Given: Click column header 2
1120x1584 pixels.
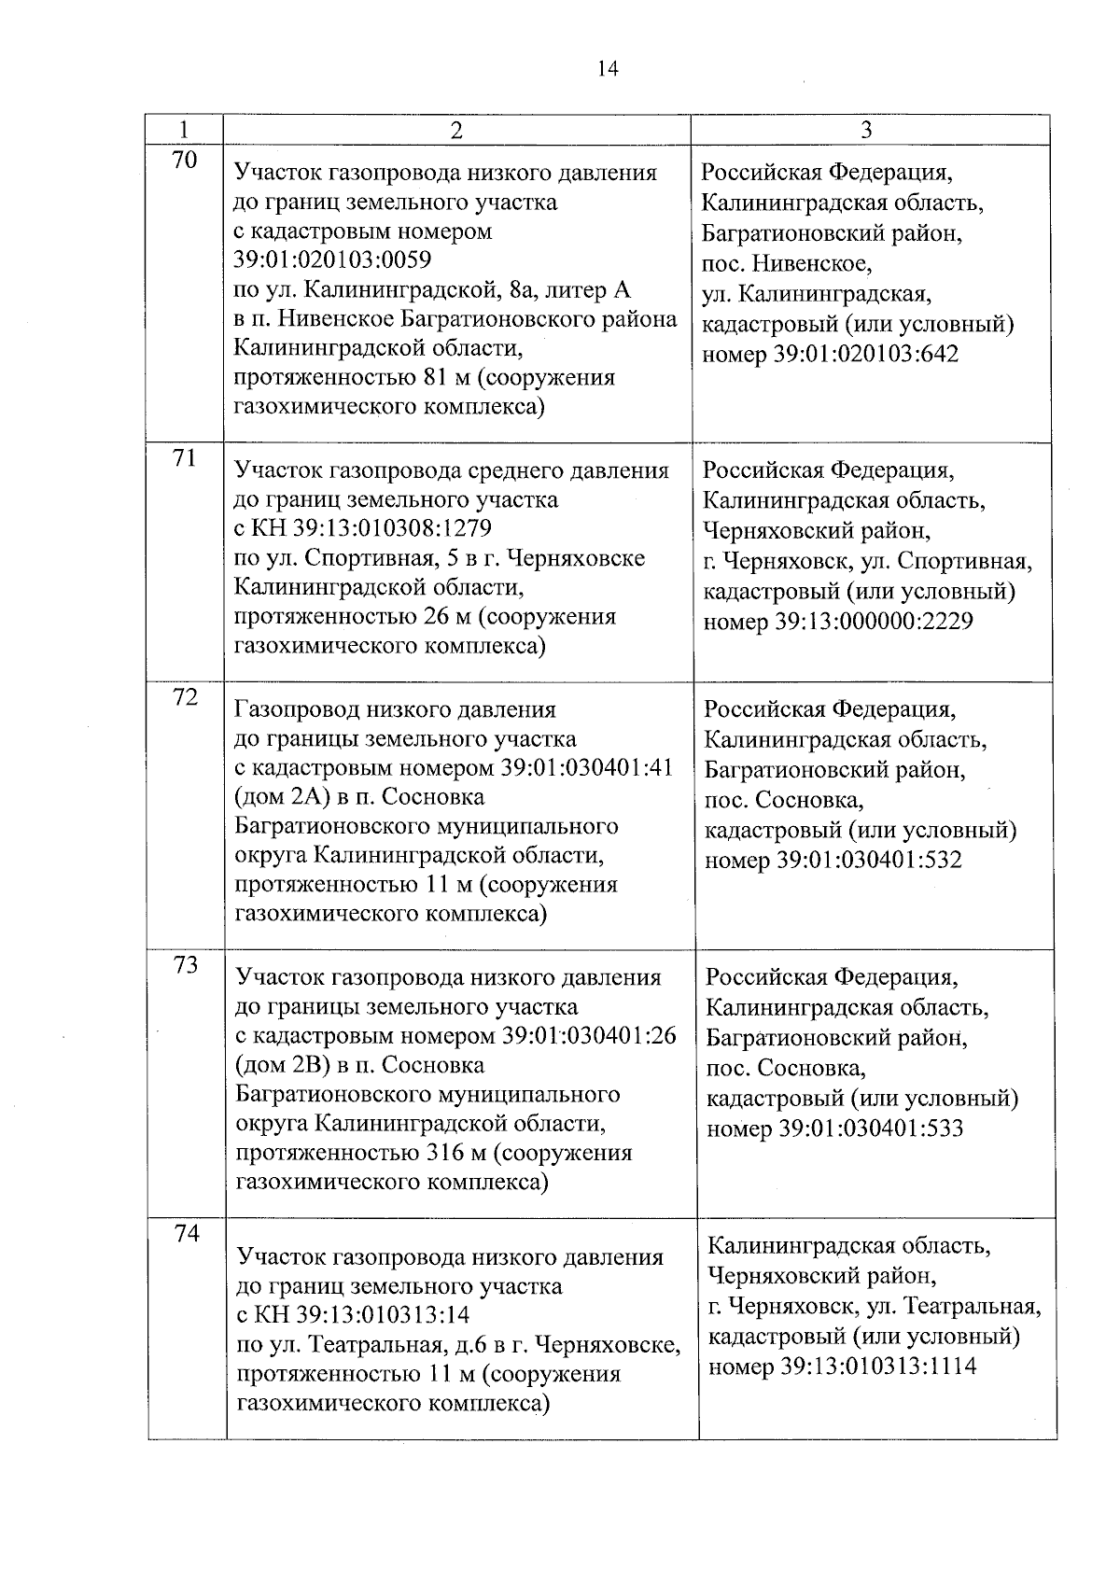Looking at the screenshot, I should click(455, 130).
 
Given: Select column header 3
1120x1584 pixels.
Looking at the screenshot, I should click(866, 130).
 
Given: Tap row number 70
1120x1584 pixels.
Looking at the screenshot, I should click(185, 161).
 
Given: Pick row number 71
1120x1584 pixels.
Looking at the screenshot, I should click(186, 458).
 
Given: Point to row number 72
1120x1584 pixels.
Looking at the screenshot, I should click(186, 697).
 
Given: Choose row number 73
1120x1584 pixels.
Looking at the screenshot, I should click(187, 965).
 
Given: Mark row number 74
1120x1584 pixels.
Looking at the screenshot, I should click(188, 1233).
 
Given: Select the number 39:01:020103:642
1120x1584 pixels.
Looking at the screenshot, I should click(866, 355).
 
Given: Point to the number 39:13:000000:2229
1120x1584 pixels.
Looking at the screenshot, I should click(874, 621).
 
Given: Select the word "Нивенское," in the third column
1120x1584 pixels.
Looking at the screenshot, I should click(813, 264).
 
